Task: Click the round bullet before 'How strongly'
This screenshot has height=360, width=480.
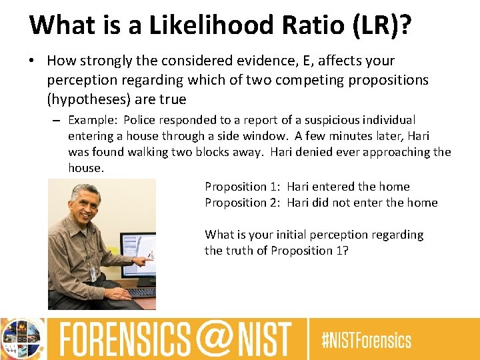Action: point(32,61)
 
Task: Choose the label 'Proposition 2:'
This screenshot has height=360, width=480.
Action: point(243,203)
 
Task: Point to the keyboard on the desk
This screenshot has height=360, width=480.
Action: point(141,292)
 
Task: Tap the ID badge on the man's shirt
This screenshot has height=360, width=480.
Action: point(93,271)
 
